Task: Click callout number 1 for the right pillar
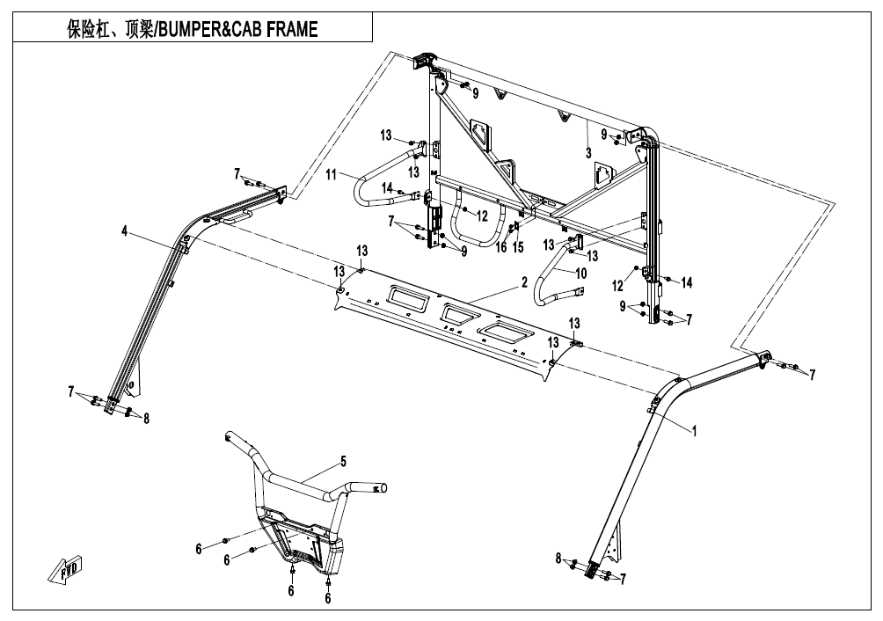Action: point(694,431)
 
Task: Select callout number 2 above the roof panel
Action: point(524,282)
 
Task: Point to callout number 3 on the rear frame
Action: point(588,152)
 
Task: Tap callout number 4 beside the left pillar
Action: point(125,230)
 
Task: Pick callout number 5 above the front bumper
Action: point(343,462)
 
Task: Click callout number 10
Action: point(580,274)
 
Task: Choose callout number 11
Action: point(331,174)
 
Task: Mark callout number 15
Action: point(518,246)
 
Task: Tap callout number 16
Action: point(500,246)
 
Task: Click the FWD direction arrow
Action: point(65,569)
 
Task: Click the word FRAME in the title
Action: point(292,29)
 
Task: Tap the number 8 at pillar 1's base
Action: point(558,559)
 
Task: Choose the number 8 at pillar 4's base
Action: point(146,419)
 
